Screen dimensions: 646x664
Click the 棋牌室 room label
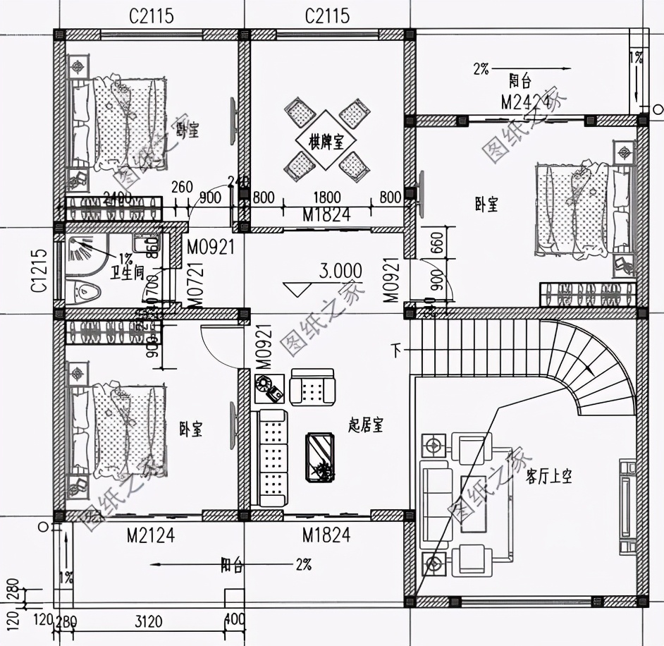(x=326, y=142)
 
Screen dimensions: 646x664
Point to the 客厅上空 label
(x=549, y=477)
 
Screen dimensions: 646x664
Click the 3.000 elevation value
(x=340, y=271)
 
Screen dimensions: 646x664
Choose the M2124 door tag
(x=150, y=536)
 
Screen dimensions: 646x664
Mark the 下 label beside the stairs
(x=398, y=348)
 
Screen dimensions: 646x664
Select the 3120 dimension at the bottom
(x=149, y=621)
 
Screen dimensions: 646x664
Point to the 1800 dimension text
(x=326, y=198)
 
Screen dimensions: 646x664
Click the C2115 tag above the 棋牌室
(x=327, y=16)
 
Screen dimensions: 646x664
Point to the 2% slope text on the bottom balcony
(x=303, y=564)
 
